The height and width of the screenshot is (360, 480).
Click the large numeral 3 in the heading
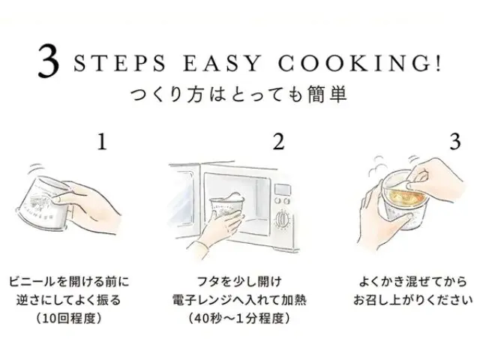(x=48, y=61)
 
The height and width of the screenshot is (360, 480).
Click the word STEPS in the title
(x=119, y=63)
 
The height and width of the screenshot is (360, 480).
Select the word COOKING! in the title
(x=359, y=63)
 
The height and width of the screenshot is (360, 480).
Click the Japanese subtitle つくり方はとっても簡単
(x=239, y=94)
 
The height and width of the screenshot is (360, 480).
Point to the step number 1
(x=102, y=142)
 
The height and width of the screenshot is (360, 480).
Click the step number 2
(x=278, y=142)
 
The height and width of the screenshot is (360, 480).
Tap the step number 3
(x=455, y=142)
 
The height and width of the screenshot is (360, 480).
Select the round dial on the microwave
(x=282, y=219)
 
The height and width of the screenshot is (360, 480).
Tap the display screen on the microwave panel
(x=282, y=189)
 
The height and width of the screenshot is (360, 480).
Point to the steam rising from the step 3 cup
(x=377, y=167)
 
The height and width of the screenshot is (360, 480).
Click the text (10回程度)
(x=69, y=319)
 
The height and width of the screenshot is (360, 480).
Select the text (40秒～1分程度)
(x=239, y=319)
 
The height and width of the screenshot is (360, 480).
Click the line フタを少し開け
(x=239, y=282)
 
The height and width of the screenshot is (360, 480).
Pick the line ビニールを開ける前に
(x=69, y=282)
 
